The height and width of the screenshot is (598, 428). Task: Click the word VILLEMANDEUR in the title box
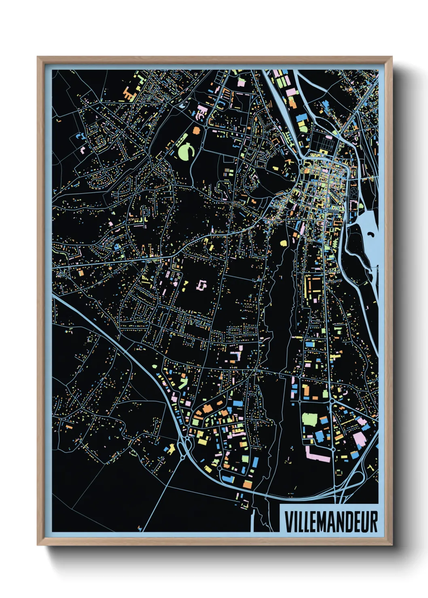[331, 522]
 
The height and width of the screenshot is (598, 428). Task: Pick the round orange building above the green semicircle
[197, 131]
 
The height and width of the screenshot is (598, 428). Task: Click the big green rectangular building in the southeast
[309, 419]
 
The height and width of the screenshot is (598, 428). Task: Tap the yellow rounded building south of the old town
[283, 243]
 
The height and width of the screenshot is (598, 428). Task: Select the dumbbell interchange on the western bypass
[183, 448]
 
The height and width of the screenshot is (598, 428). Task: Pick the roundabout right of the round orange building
[206, 128]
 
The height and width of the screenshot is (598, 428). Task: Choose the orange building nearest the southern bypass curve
[248, 484]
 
